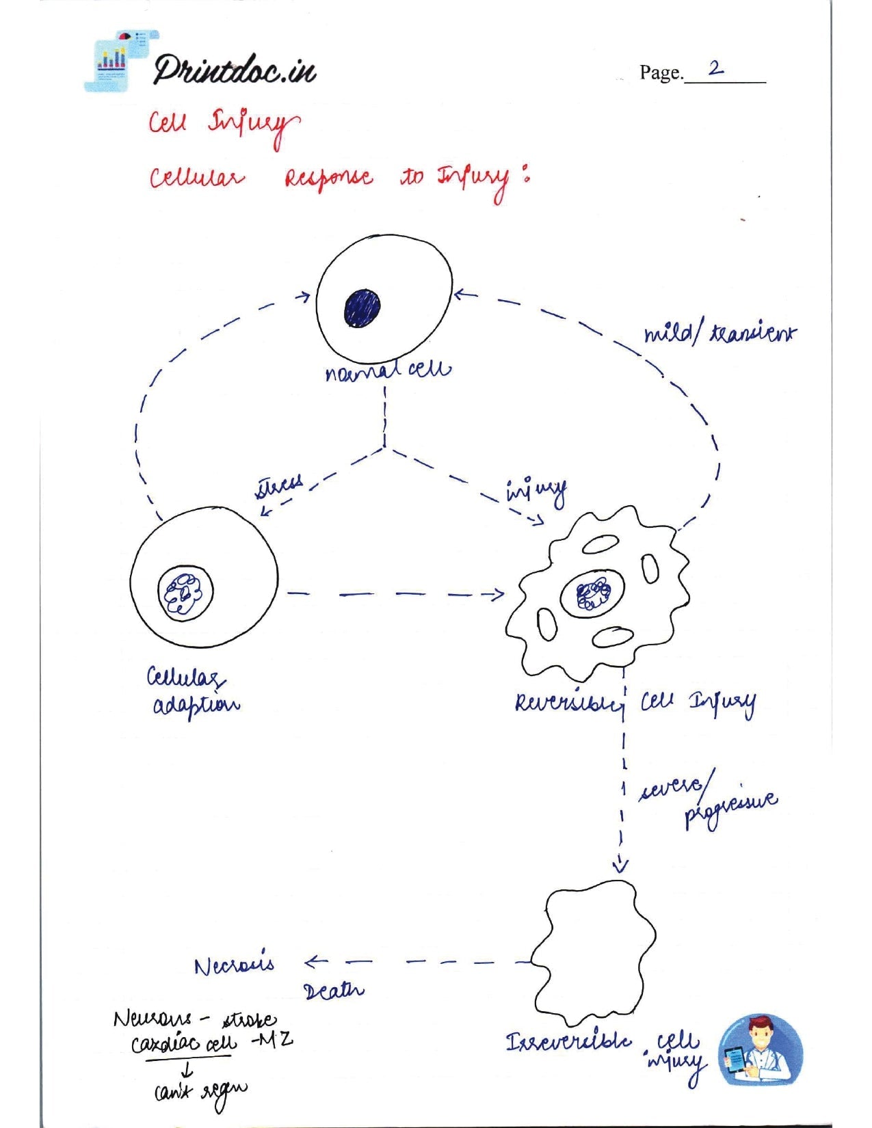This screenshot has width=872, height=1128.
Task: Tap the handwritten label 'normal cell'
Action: pos(388,371)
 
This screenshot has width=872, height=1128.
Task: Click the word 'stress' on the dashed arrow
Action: pos(279,486)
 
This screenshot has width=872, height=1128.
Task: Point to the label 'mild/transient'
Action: pos(719,334)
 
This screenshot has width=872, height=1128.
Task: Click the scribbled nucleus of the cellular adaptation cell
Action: pos(185,591)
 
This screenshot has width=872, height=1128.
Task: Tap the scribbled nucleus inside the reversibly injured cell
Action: pos(592,594)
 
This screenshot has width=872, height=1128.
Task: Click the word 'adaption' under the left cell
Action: pos(196,706)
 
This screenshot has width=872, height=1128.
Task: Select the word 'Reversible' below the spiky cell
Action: pos(568,703)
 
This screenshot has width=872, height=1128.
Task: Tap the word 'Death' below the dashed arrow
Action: pos(333,991)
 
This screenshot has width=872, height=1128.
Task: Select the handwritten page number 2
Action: pos(715,68)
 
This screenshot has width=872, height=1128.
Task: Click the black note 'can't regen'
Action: pos(200,1091)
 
